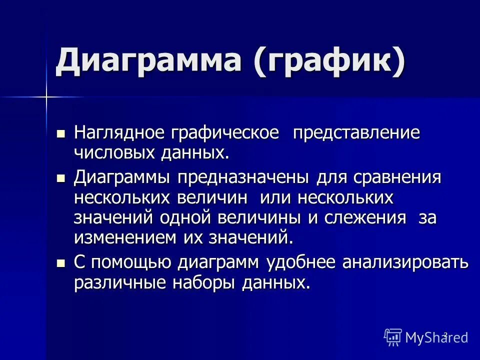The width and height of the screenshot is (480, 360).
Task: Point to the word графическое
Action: pyautogui.click(x=225, y=133)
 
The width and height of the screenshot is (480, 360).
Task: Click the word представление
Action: pyautogui.click(x=356, y=133)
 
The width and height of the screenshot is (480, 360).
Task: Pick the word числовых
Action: pyautogui.click(x=116, y=152)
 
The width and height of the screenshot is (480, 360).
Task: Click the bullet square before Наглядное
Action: pyautogui.click(x=61, y=133)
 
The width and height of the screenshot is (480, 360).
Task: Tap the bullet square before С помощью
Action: pyautogui.click(x=61, y=262)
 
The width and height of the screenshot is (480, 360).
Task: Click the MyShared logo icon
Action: pyautogui.click(x=393, y=337)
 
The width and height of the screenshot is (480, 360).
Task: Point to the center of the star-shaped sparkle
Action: pyautogui.click(x=46, y=96)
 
